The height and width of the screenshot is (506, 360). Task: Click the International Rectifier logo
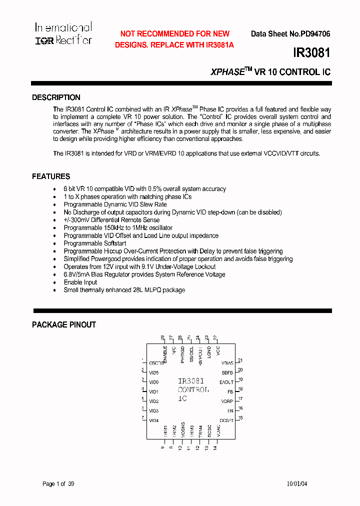(63, 34)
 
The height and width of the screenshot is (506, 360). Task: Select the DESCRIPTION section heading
(56, 97)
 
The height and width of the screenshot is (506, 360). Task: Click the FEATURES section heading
(51, 176)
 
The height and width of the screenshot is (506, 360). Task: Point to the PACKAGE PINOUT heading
(64, 324)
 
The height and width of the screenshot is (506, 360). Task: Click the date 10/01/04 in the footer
(297, 484)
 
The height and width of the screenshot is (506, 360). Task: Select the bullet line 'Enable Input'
(80, 282)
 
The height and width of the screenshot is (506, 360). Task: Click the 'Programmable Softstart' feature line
(95, 243)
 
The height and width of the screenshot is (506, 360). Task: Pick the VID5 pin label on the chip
(153, 372)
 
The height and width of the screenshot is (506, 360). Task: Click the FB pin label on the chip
(230, 391)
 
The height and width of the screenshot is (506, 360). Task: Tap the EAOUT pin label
(226, 382)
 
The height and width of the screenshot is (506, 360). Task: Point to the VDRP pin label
(227, 401)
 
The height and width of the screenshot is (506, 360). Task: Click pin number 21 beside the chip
(240, 360)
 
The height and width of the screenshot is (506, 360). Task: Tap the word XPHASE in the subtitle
(227, 72)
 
